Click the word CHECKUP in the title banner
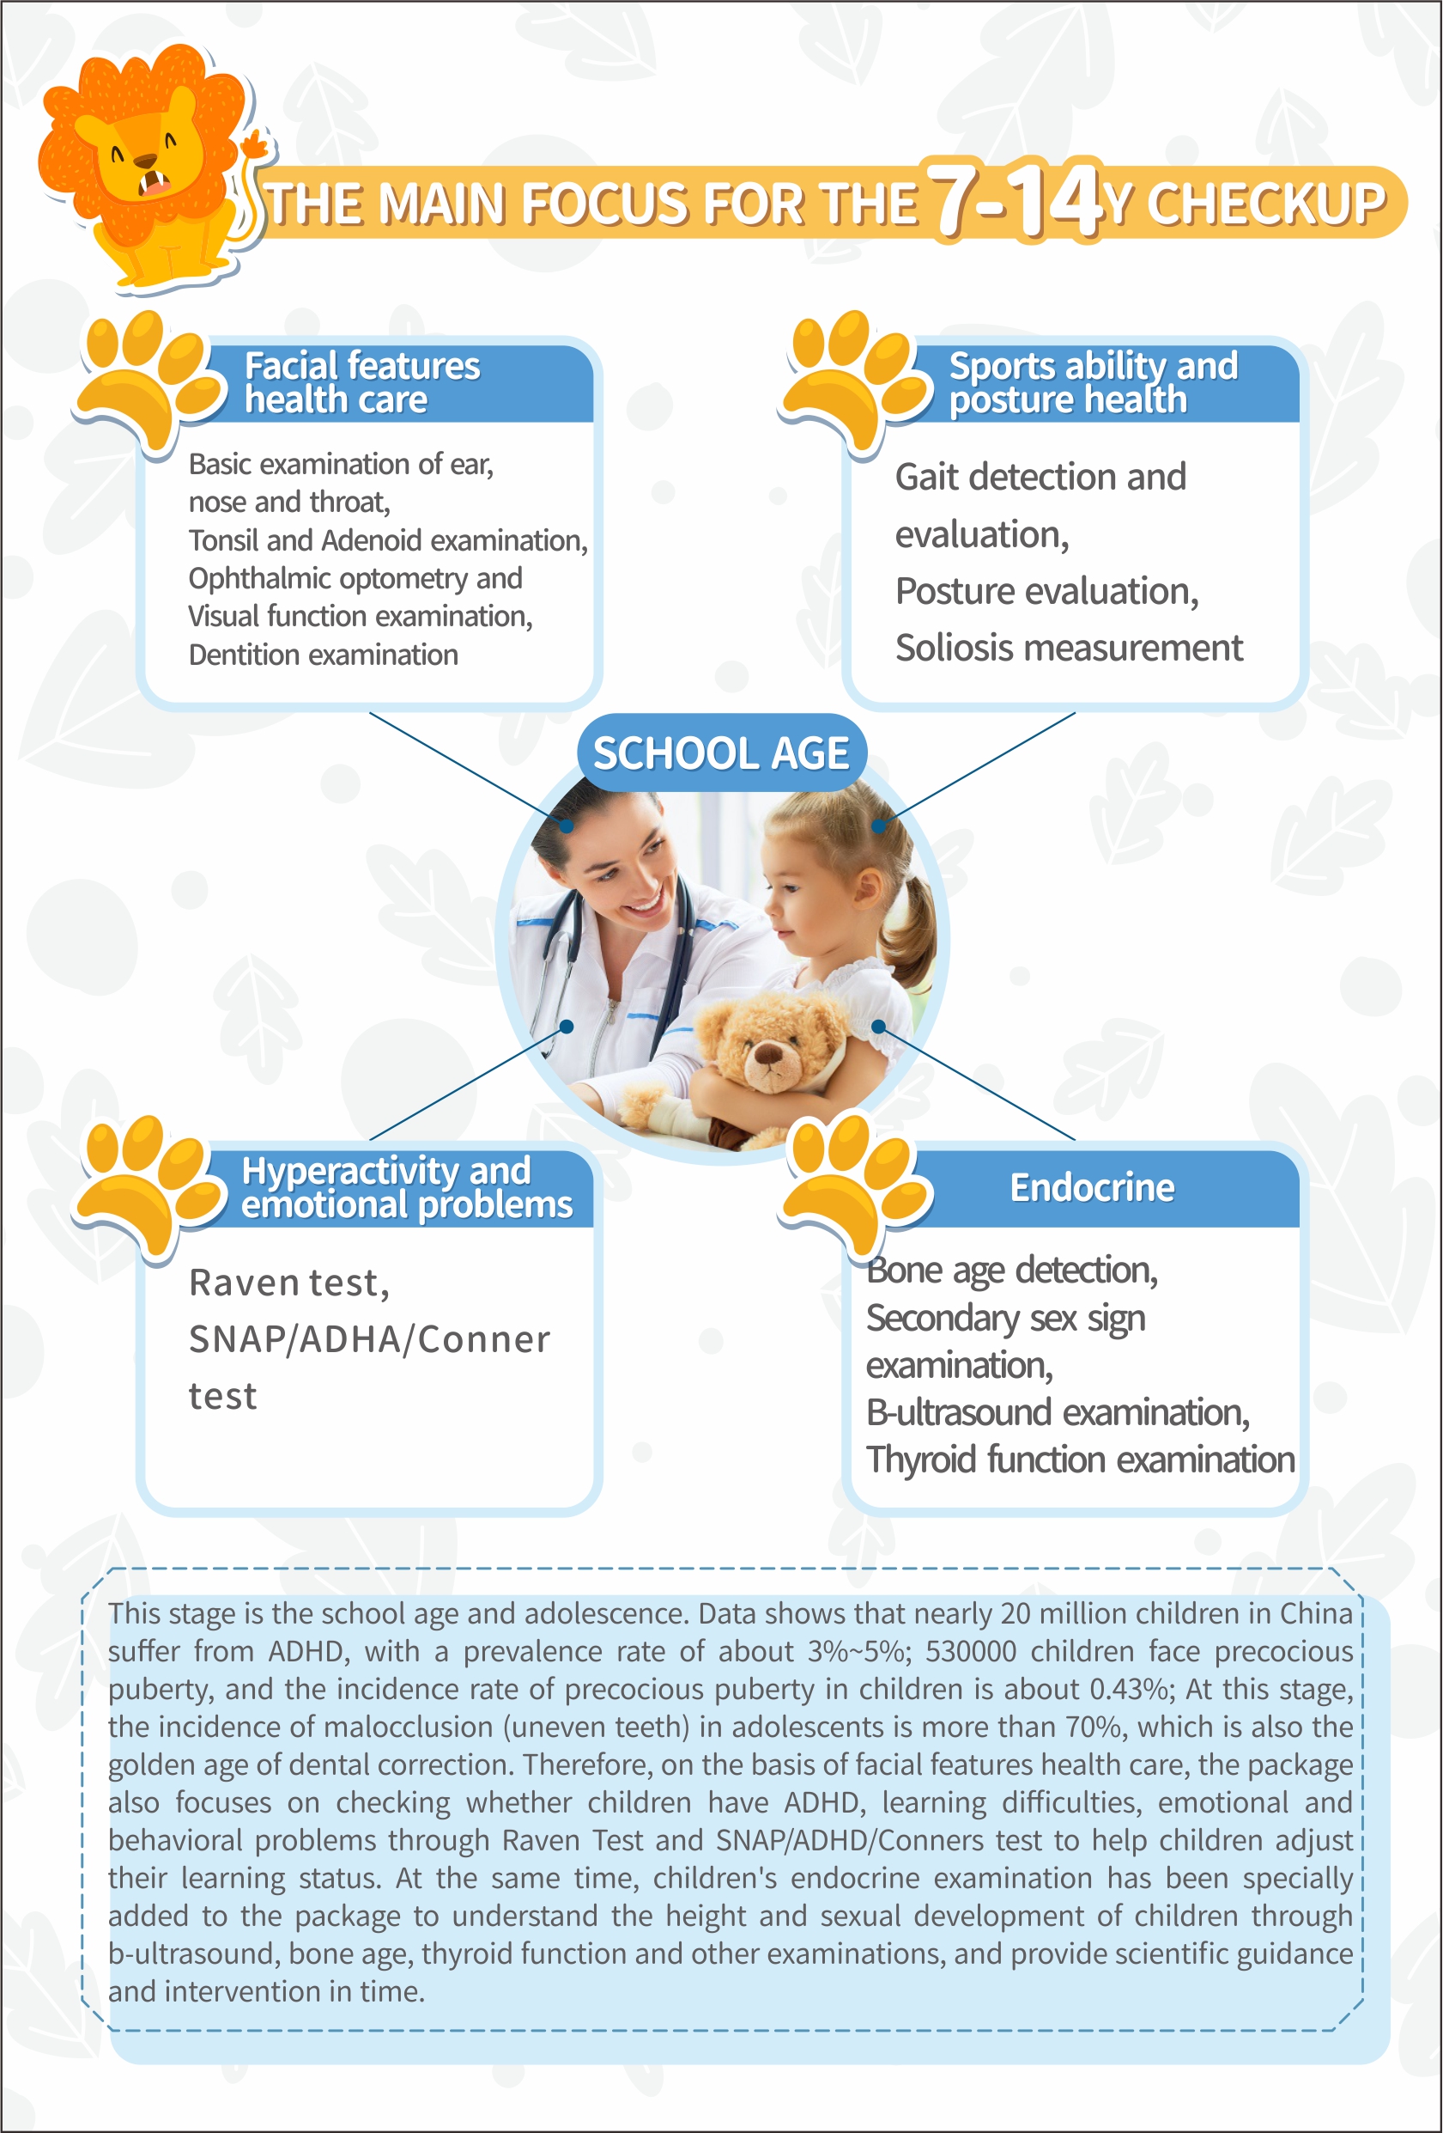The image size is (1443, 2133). click(x=1266, y=204)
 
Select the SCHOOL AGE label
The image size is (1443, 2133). click(x=721, y=753)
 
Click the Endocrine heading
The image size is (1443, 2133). click(x=1092, y=1188)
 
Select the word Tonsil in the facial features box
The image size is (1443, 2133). click(x=222, y=540)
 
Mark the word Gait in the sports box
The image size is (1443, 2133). click(x=925, y=478)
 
